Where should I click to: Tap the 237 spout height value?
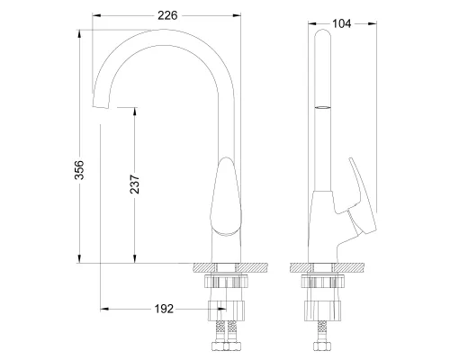[x=134, y=184]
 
